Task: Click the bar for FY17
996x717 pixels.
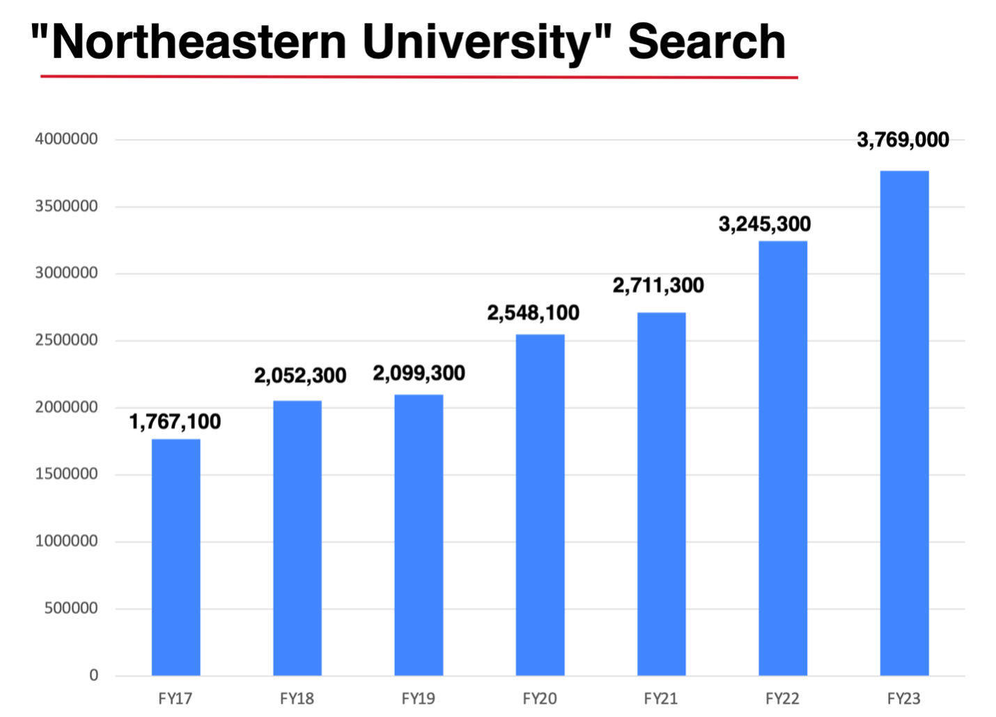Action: pos(176,557)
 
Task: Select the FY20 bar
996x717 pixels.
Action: pos(540,505)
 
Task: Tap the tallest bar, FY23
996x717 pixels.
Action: pos(904,423)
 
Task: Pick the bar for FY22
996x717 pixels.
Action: pos(783,458)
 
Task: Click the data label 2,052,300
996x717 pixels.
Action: pos(300,376)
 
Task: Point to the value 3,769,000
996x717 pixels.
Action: pos(903,140)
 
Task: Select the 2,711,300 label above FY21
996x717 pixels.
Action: pos(658,286)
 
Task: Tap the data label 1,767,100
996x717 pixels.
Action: pos(175,422)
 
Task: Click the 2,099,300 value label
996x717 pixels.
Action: pos(419,373)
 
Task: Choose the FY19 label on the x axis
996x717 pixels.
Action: pos(419,698)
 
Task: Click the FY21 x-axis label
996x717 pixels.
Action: pos(661,698)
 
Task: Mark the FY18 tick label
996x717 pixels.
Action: pos(297,698)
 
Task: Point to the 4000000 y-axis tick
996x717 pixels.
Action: pos(66,139)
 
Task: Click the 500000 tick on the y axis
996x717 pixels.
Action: pos(71,608)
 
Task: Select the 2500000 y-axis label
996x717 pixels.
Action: pos(66,340)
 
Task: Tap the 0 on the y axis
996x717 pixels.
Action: pos(93,675)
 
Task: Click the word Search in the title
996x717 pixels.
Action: pos(706,42)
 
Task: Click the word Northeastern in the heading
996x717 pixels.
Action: pos(199,42)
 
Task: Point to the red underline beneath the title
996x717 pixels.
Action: pos(419,77)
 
